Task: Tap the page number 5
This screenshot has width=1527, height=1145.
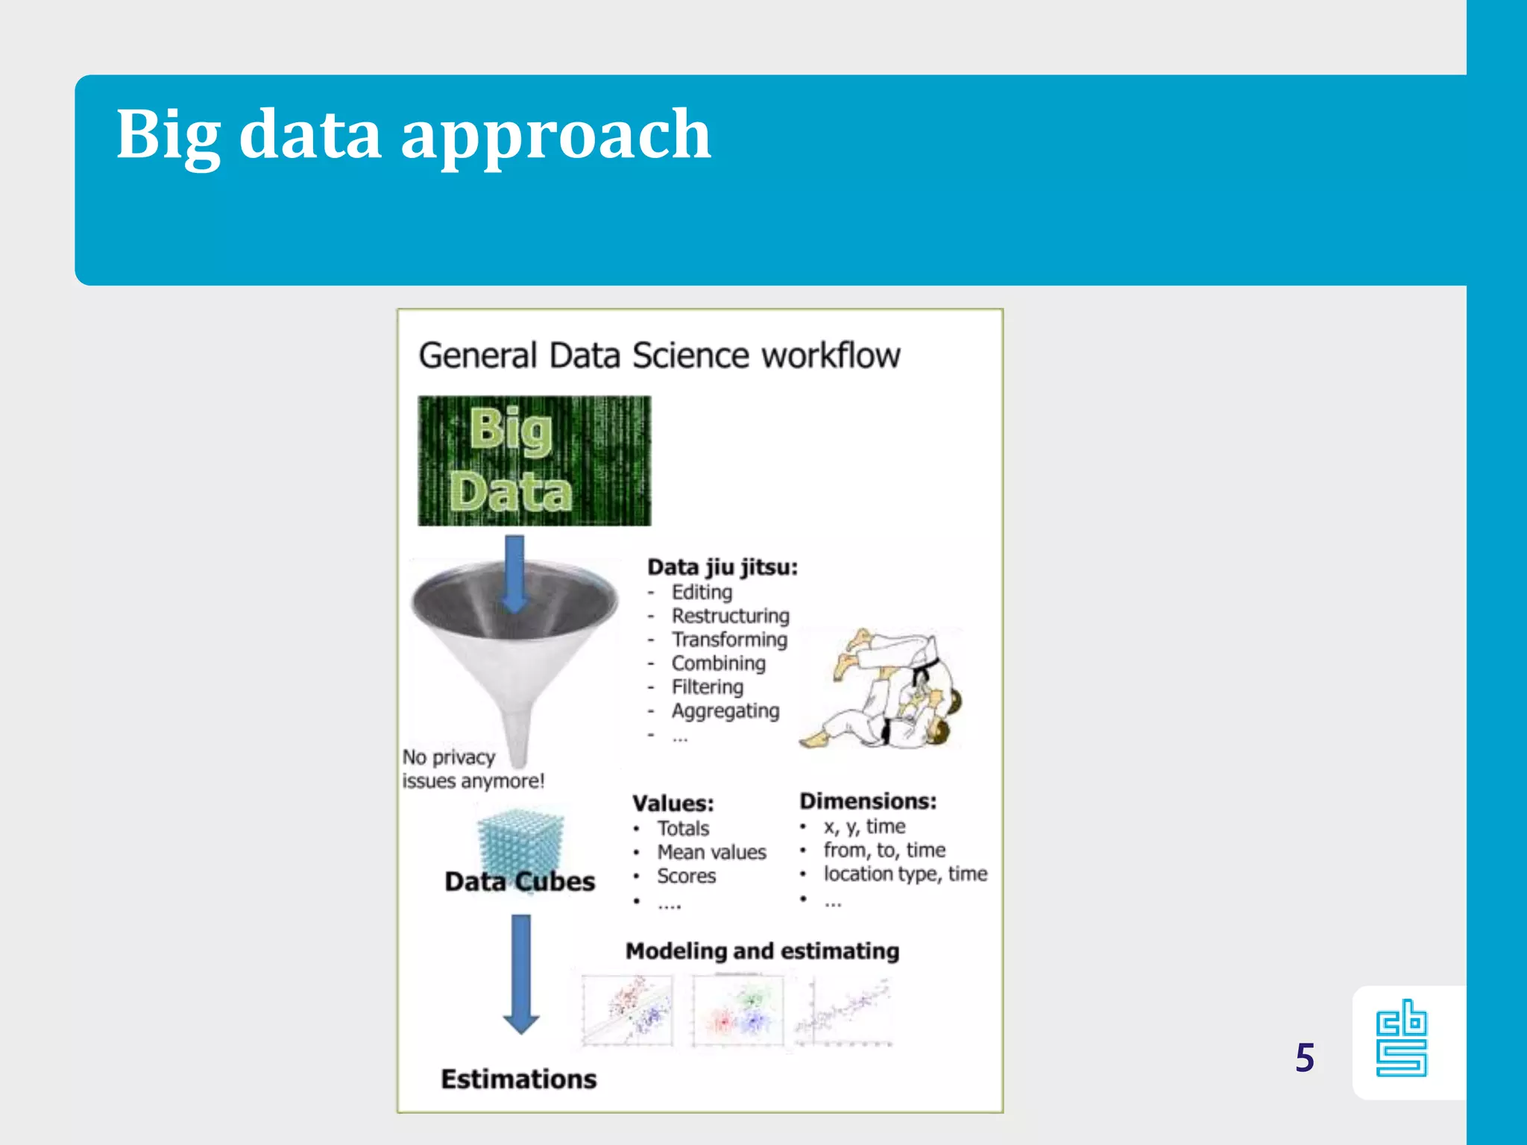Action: click(1304, 1058)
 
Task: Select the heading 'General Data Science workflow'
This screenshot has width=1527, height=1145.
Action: click(659, 356)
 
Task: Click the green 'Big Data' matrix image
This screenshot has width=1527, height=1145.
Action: click(534, 461)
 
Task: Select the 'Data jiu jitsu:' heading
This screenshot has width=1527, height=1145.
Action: click(722, 567)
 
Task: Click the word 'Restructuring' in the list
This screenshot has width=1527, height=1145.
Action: click(730, 616)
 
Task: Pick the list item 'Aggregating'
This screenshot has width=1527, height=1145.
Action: click(725, 711)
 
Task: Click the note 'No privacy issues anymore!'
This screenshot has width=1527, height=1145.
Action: click(472, 769)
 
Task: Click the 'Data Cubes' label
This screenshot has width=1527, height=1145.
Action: click(520, 882)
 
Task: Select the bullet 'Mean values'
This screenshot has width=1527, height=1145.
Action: click(711, 852)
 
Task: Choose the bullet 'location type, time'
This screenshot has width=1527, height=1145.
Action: click(904, 874)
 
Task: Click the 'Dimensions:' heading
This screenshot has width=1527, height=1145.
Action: click(867, 801)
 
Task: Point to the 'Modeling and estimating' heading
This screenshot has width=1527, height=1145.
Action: click(762, 951)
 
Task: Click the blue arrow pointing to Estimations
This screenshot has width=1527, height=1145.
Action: click(521, 973)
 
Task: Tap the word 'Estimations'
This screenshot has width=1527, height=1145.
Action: click(519, 1079)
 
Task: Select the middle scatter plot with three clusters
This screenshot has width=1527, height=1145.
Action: click(737, 1010)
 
